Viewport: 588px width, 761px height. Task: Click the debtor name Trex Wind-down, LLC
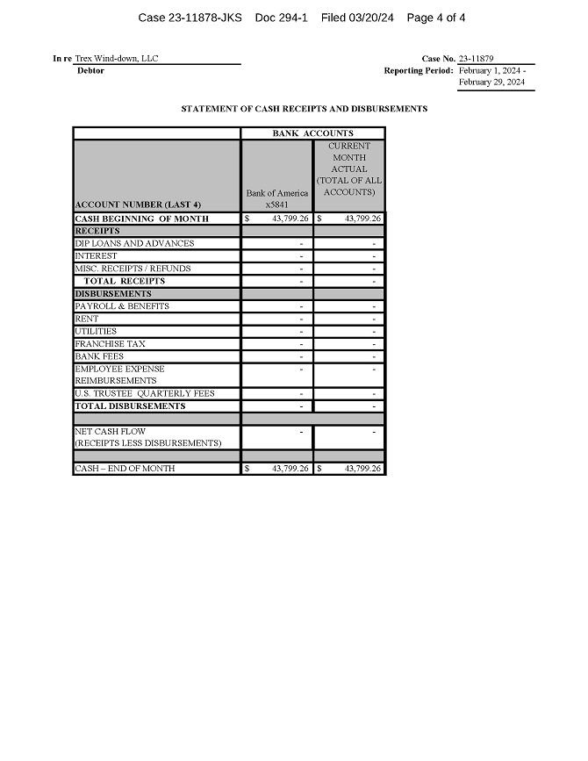tap(117, 59)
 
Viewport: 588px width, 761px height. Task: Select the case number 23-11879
tap(476, 59)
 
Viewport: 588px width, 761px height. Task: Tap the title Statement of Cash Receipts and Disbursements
tap(305, 109)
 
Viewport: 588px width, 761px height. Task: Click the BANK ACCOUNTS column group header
tap(312, 133)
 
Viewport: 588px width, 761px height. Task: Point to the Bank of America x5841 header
tap(277, 198)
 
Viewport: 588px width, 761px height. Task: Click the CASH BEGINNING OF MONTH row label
tap(142, 219)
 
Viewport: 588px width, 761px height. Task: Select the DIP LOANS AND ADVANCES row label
tap(135, 243)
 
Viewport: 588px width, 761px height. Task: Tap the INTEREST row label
tap(97, 256)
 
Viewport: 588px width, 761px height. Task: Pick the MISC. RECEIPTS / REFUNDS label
tap(133, 269)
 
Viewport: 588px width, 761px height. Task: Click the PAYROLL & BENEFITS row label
tap(122, 306)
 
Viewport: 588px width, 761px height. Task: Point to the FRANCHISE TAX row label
tap(111, 344)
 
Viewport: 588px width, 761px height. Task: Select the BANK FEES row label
tap(99, 356)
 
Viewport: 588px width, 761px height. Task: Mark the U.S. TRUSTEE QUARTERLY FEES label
tap(145, 393)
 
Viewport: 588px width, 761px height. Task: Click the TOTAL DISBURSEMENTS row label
tap(130, 406)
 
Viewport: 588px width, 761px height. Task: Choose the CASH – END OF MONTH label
tap(125, 469)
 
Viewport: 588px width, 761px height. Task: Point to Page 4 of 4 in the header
tap(436, 18)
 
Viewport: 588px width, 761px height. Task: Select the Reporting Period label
tap(419, 70)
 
